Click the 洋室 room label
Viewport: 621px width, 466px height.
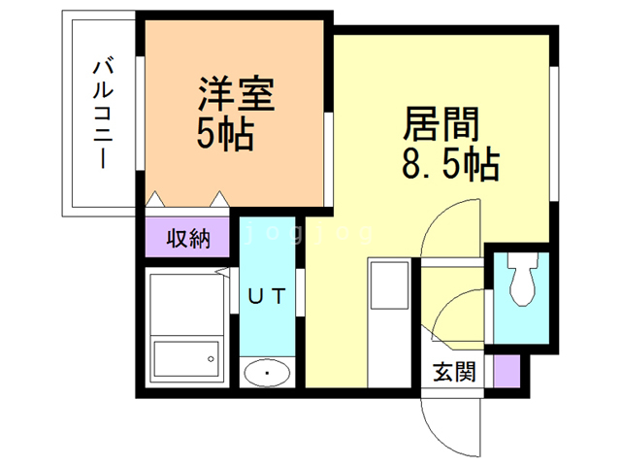(237, 95)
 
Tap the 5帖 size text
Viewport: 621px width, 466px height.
(224, 134)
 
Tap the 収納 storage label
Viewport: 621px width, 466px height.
(187, 239)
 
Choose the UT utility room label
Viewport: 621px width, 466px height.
(264, 297)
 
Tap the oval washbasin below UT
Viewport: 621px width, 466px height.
(265, 372)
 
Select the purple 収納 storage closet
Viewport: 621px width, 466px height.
(187, 239)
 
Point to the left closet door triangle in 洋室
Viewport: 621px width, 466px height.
(156, 198)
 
